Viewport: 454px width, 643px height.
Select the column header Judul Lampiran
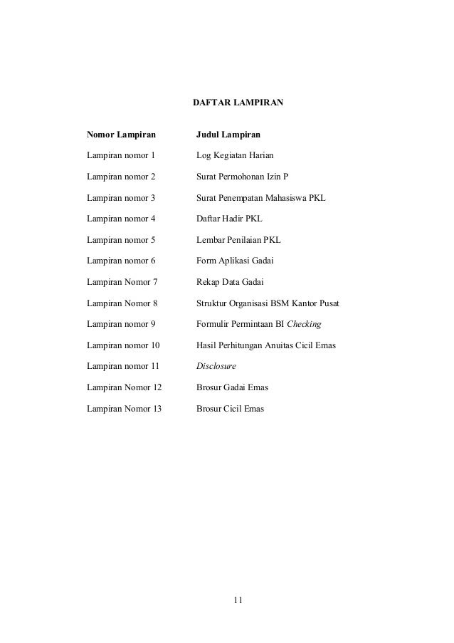[x=228, y=133]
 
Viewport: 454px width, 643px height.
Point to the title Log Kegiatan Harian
[x=234, y=155]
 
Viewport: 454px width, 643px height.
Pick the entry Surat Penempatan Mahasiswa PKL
[x=260, y=197]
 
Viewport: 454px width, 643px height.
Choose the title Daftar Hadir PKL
[x=229, y=219]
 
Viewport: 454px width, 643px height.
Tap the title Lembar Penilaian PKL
[x=238, y=240]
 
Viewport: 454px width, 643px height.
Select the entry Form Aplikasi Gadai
[x=234, y=261]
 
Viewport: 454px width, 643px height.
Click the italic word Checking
[x=305, y=325]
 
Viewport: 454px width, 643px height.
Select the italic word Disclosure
[x=216, y=367]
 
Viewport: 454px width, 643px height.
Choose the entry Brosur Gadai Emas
[x=232, y=389]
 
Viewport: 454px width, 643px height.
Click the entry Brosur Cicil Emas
[x=230, y=409]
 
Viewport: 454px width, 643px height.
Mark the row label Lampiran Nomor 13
[x=124, y=409]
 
